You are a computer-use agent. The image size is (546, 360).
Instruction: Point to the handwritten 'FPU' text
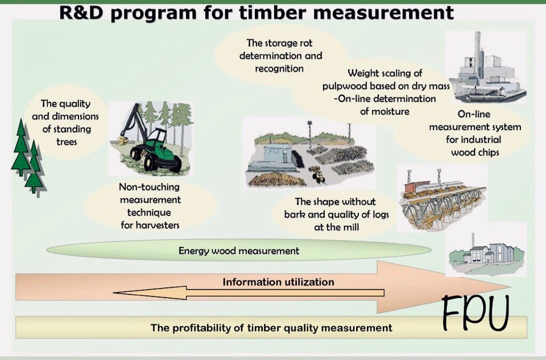pos(475,313)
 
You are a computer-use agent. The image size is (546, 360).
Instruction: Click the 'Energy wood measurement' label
pos(238,250)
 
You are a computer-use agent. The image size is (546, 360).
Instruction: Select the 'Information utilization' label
pos(278,282)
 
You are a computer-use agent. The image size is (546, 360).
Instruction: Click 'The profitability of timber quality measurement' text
pos(271,328)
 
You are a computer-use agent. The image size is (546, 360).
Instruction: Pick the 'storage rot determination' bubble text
pos(280,56)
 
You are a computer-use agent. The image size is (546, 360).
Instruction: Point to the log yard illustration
pos(310,154)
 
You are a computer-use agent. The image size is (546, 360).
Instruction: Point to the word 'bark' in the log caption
pos(296,214)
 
